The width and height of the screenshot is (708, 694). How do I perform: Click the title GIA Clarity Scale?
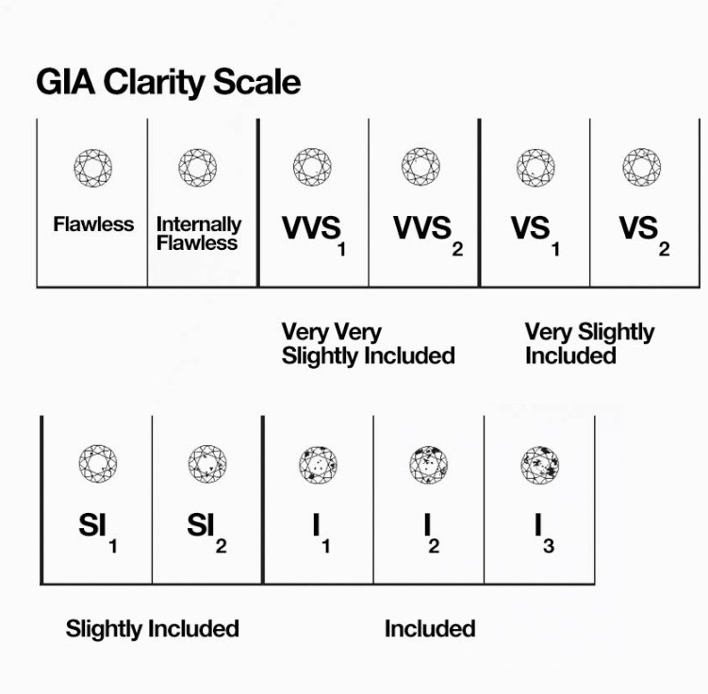(x=168, y=82)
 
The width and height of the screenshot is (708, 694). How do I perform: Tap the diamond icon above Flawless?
(x=93, y=168)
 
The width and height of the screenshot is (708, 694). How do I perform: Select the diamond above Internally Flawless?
(x=198, y=168)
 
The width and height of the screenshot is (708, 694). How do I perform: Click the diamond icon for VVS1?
(x=312, y=168)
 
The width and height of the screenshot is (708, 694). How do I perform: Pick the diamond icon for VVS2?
(x=420, y=168)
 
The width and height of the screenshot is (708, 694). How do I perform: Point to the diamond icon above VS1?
(x=535, y=168)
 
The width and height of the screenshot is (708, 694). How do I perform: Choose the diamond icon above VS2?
(x=642, y=168)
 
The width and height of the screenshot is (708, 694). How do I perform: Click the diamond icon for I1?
(x=318, y=464)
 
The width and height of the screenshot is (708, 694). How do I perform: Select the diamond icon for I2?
(x=429, y=464)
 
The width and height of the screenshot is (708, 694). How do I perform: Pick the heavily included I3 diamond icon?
(x=539, y=464)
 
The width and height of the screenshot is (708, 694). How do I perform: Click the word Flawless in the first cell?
(x=93, y=225)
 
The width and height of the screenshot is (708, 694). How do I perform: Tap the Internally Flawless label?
(x=198, y=234)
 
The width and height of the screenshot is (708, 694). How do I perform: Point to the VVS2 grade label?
(x=427, y=232)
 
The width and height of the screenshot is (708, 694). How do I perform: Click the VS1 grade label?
(x=535, y=232)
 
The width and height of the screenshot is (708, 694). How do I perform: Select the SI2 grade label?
(x=206, y=528)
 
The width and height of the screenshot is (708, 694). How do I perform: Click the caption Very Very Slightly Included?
(x=368, y=344)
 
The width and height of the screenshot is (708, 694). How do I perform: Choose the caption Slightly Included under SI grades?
(x=152, y=629)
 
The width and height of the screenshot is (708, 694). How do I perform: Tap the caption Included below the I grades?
(x=430, y=629)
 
